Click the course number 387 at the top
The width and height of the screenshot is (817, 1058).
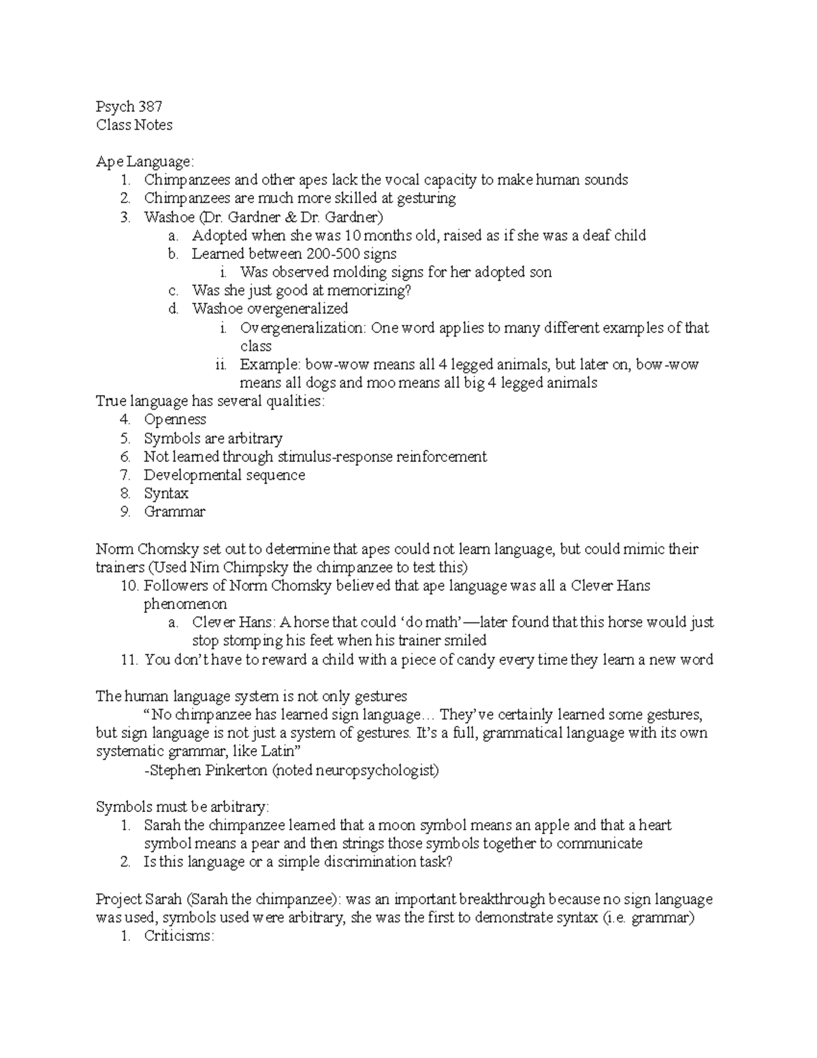150,107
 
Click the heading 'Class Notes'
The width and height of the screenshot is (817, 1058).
134,125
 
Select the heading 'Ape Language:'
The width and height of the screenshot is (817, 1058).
145,162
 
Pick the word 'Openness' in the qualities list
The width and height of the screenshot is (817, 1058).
175,420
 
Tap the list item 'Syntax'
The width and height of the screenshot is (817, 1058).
166,493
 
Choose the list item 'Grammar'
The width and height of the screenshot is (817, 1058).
174,512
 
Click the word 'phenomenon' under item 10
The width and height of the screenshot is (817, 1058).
185,604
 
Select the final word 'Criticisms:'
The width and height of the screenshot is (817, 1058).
179,936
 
